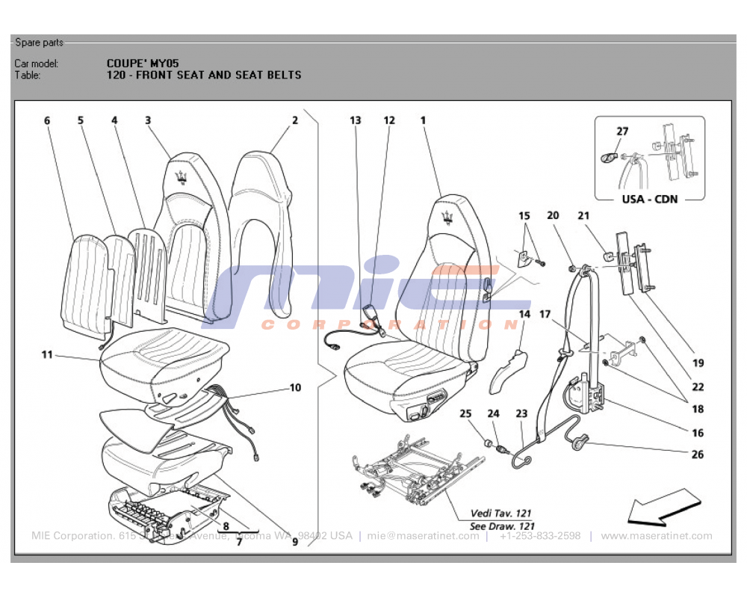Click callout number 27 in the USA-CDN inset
622,132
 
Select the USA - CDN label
650,200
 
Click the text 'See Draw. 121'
500,526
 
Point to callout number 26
697,454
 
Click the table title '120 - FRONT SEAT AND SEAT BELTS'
204,75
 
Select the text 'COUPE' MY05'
143,64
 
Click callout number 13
355,120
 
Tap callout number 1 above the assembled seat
423,120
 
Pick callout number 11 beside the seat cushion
47,354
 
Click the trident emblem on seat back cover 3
181,176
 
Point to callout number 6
47,120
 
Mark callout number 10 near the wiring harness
295,387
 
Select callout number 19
698,363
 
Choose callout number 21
583,215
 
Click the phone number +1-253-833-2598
540,536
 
